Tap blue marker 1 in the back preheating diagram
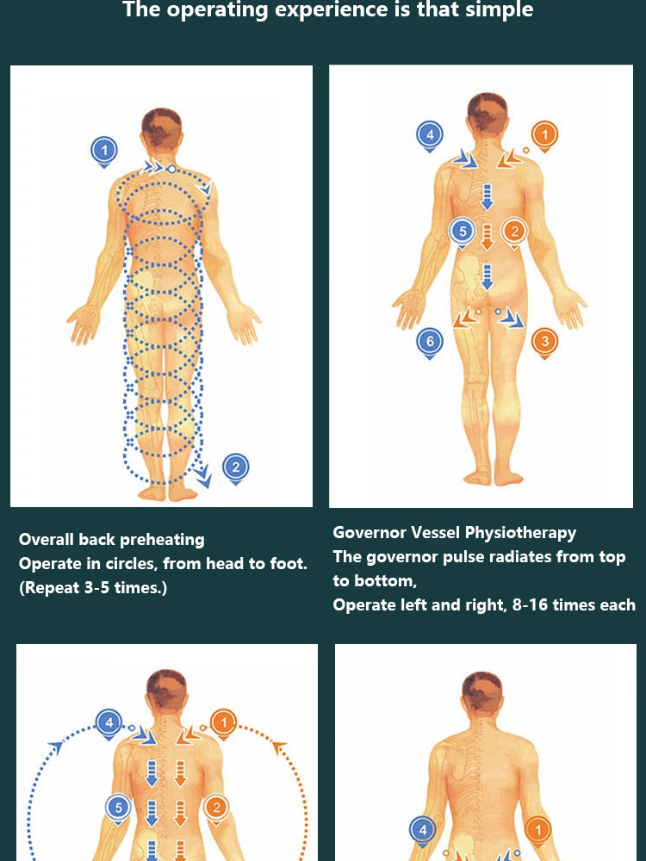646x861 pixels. pyautogui.click(x=103, y=151)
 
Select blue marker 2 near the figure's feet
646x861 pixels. pyautogui.click(x=235, y=468)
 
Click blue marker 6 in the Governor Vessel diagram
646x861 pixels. pyautogui.click(x=429, y=341)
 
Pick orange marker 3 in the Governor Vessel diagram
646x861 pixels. pyautogui.click(x=544, y=341)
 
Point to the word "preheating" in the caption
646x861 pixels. pyautogui.click(x=163, y=540)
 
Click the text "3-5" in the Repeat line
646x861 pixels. pyautogui.click(x=96, y=588)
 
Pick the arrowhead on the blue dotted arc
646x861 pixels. pyautogui.click(x=58, y=745)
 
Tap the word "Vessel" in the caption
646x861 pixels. pyautogui.click(x=435, y=533)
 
